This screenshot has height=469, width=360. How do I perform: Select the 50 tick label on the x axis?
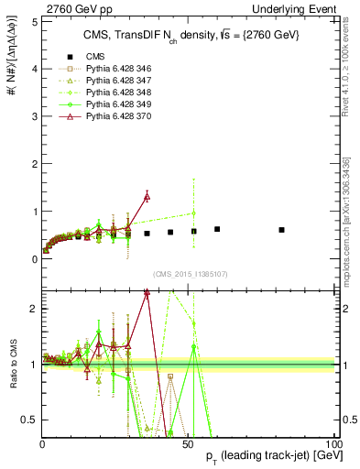188,443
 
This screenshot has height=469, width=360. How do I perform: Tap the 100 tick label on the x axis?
331,443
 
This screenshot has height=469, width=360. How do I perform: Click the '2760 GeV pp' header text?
71,7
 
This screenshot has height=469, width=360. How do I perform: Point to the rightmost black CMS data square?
281,230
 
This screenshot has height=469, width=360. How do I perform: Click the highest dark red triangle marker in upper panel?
147,196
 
